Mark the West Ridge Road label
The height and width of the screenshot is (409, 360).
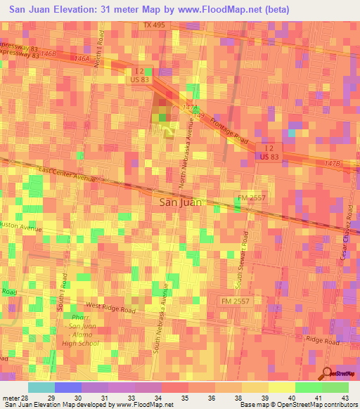pos(111,307)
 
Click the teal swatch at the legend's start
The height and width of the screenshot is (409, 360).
pos(41,387)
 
